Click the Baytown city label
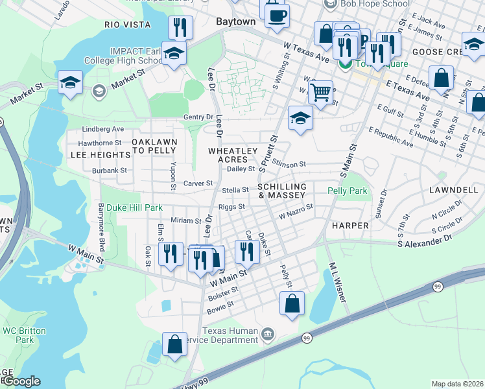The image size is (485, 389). [235, 21]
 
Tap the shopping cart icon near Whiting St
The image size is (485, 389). [320, 93]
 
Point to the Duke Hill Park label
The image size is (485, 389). [134, 208]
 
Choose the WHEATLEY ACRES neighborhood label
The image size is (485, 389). [228, 155]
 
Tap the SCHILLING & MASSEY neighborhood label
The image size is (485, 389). [281, 191]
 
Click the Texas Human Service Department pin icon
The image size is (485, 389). [268, 335]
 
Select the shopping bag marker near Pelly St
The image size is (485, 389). [292, 303]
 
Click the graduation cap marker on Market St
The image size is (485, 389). [70, 82]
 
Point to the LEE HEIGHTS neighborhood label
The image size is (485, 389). [101, 156]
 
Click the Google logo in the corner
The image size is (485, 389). [21, 381]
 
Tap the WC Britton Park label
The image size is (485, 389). [24, 335]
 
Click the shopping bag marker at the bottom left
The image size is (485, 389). [174, 344]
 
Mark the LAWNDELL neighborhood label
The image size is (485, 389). [452, 191]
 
